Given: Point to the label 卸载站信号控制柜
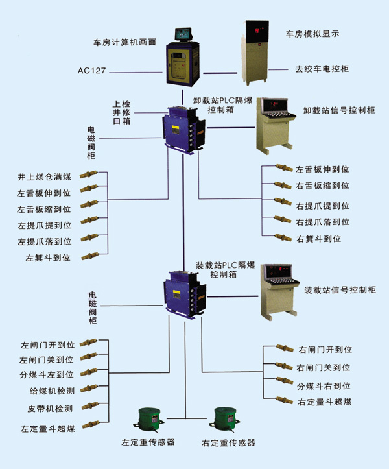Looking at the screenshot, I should pyautogui.click(x=339, y=110).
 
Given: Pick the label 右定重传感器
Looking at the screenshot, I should pyautogui.click(x=228, y=443).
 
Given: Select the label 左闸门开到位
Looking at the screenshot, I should pyautogui.click(x=47, y=344).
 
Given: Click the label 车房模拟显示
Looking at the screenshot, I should pyautogui.click(x=312, y=32).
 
